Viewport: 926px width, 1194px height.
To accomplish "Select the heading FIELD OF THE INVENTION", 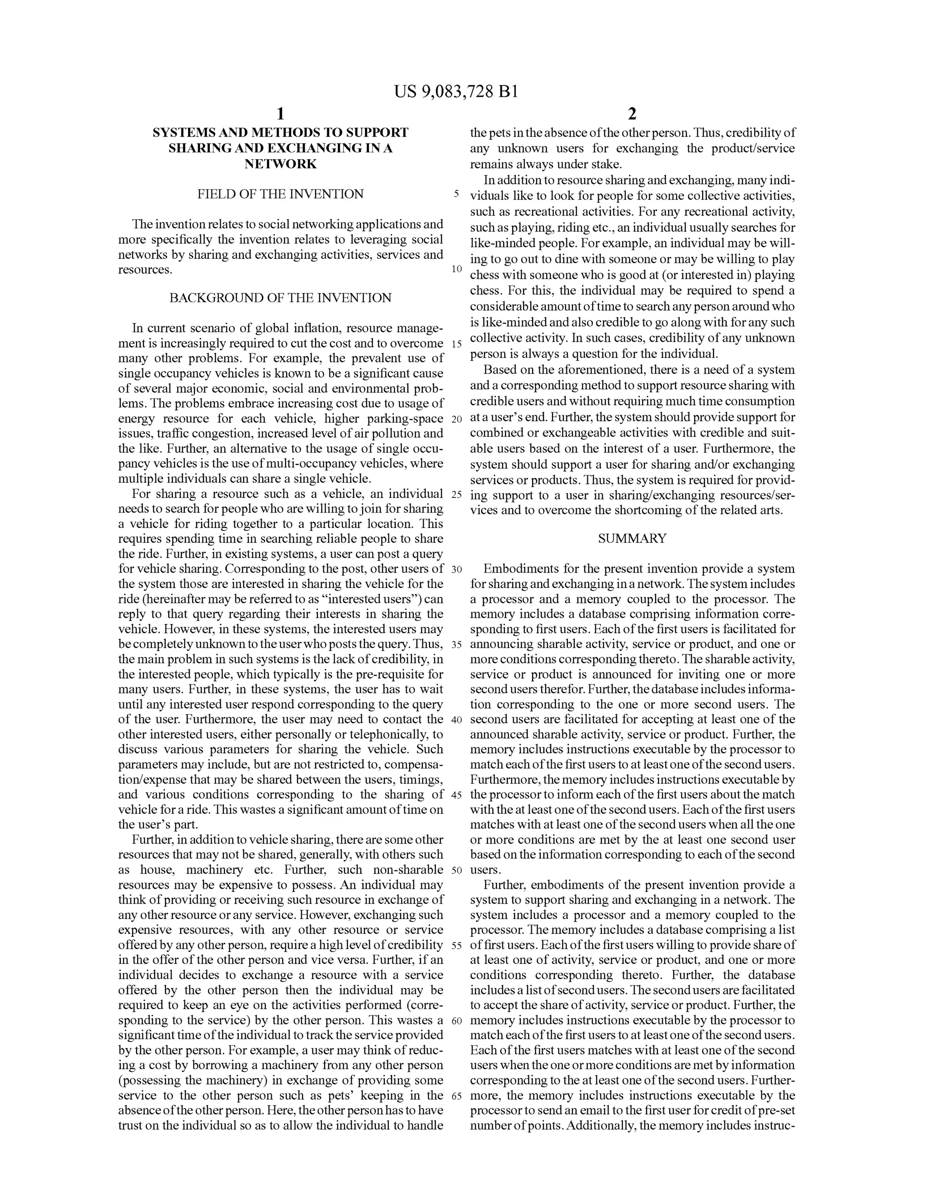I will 280,194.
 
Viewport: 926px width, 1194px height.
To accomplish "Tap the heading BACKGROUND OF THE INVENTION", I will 280,298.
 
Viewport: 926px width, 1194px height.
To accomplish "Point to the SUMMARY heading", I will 633,539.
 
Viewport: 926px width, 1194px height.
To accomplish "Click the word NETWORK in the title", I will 280,164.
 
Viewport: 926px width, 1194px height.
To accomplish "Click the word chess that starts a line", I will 484,275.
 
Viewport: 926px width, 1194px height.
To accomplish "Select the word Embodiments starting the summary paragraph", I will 516,569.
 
